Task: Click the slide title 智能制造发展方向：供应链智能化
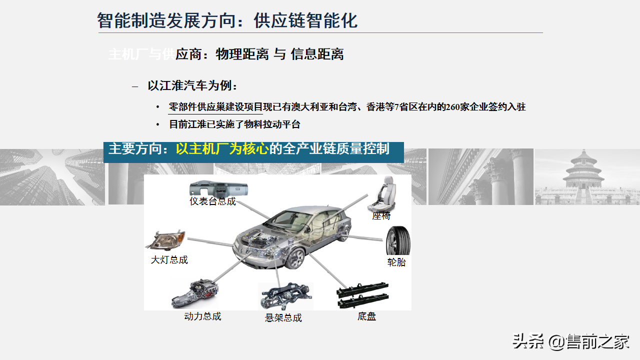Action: tap(227, 20)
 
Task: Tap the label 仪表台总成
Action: tap(212, 202)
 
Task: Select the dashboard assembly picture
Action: tap(218, 189)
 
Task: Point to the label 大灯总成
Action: tap(169, 260)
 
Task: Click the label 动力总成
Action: tap(202, 316)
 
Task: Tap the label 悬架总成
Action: tap(283, 318)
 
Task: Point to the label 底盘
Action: tap(367, 316)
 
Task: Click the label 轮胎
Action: tap(396, 262)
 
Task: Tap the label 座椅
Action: tap(381, 216)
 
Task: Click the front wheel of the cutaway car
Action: tap(295, 258)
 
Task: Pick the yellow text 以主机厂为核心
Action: tap(222, 149)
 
